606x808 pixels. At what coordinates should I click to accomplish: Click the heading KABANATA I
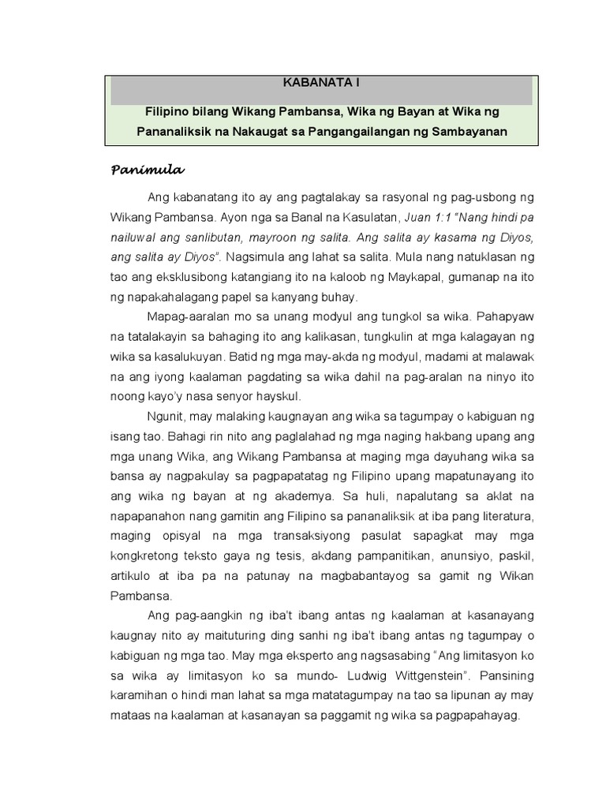pos(322,82)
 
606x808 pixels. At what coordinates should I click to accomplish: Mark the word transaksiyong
pos(309,537)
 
